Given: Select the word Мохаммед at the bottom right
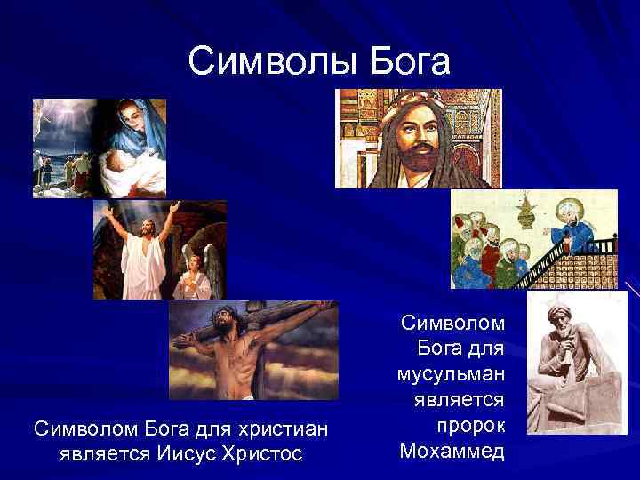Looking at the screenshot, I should pyautogui.click(x=452, y=450).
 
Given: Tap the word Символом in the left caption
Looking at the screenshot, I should pyautogui.click(x=74, y=429).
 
